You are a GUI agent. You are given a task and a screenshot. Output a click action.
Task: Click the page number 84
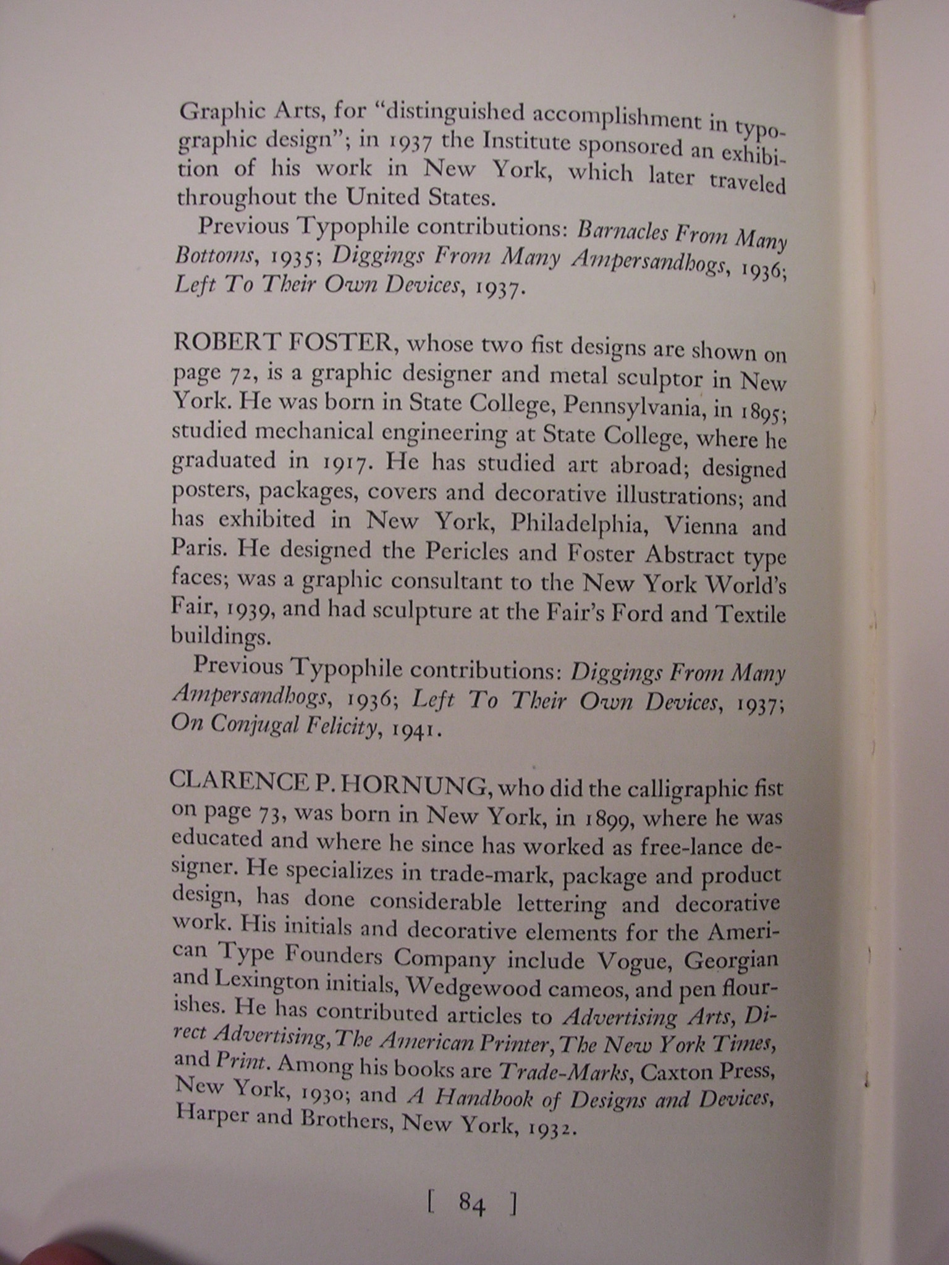471,1202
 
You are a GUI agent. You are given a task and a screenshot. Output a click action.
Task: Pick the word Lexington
267,981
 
